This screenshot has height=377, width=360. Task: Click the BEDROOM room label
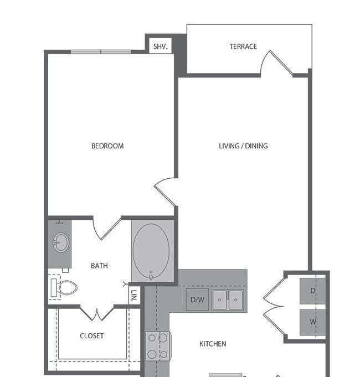[107, 146]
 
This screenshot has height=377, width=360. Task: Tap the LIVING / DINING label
[243, 146]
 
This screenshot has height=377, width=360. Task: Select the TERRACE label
[243, 47]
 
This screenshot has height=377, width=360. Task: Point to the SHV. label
[160, 46]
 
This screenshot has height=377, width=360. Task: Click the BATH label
[99, 266]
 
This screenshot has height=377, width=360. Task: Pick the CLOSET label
[91, 335]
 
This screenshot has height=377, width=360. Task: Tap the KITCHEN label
[213, 344]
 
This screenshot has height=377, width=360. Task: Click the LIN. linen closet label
[135, 296]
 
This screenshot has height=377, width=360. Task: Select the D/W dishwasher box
[197, 299]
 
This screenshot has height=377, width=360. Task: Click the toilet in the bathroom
[64, 287]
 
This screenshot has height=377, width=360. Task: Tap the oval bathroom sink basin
[61, 242]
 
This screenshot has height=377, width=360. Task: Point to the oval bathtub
[151, 251]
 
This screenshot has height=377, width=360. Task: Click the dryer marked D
[312, 291]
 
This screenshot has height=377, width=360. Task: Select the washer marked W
[312, 322]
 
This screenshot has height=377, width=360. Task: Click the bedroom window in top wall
[101, 51]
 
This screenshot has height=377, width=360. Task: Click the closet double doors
[97, 313]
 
